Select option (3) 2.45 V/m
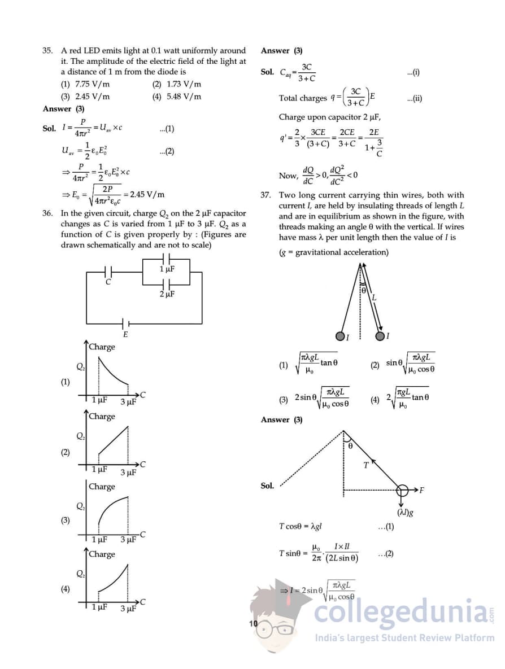(x=85, y=96)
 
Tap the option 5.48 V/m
(x=177, y=96)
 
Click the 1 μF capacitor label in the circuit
(x=167, y=269)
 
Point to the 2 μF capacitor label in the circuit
(x=167, y=294)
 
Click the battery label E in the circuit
(x=125, y=334)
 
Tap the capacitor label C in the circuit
(x=108, y=282)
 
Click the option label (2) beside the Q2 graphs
(x=66, y=452)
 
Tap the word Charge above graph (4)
(x=102, y=554)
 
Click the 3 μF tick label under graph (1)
(x=128, y=402)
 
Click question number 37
(x=265, y=195)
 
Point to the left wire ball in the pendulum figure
(x=340, y=336)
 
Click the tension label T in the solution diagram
(x=366, y=465)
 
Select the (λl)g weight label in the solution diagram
(x=405, y=513)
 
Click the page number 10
(x=253, y=623)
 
